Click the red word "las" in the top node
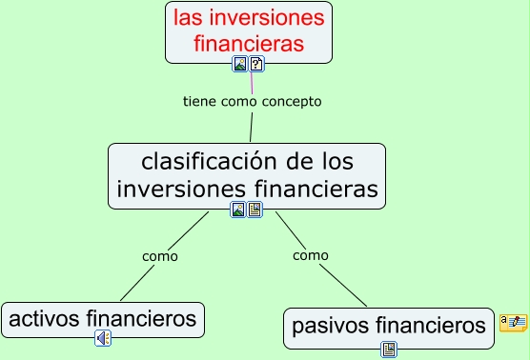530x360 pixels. [190, 17]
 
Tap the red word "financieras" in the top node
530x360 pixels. [249, 44]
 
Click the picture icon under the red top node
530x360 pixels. [240, 65]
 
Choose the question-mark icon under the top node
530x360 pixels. [256, 65]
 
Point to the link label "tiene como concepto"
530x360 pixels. [252, 101]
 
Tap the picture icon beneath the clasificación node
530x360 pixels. [238, 210]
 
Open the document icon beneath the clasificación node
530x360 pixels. [255, 210]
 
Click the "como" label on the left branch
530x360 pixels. [160, 256]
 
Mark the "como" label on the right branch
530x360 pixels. [311, 255]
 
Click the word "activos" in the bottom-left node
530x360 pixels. [44, 318]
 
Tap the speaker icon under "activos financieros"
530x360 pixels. [103, 338]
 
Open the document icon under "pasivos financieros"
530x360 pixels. [389, 350]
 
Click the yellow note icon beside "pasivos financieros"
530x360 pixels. [513, 323]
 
